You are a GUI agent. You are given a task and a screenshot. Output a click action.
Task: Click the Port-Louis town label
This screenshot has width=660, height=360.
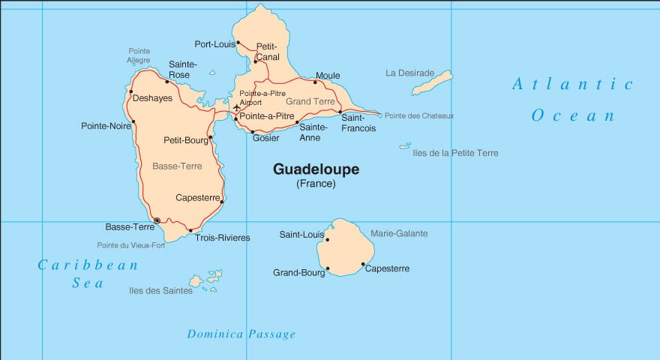pos(214,44)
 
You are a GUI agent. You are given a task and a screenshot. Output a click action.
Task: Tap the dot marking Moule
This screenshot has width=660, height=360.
pos(315,82)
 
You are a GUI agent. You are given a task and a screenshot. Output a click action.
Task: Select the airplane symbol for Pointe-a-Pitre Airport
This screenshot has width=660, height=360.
pos(237,108)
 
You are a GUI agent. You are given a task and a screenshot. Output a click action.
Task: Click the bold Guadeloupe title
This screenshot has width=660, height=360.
pos(316,169)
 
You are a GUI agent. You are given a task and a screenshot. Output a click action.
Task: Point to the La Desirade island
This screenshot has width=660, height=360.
pos(433,82)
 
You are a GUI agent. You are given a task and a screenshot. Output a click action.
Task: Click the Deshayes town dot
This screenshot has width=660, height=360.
pos(131,92)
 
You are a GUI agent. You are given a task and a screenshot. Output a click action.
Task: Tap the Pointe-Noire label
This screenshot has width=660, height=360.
pos(106,126)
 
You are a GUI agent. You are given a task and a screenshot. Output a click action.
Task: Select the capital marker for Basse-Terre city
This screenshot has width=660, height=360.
pos(157,220)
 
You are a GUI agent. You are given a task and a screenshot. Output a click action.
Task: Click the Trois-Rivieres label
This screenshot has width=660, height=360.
pos(222,238)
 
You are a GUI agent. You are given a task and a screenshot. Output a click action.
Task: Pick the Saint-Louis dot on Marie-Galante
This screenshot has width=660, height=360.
pos(328,240)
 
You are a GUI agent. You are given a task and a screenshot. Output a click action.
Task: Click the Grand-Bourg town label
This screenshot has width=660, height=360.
pos(298,273)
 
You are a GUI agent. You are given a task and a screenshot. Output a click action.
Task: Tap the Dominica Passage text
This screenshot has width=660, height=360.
pos(241,334)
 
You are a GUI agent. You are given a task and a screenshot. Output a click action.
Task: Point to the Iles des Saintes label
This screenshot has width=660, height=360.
pos(160,291)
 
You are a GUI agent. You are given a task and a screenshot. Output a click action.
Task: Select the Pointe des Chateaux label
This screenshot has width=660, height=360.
pos(419,115)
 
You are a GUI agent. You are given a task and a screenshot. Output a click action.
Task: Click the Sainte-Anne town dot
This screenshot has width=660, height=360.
pos(298,122)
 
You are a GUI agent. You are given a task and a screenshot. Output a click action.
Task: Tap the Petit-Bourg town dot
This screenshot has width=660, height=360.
pos(211,137)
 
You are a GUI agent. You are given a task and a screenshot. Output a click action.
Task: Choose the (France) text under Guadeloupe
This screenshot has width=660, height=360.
pos(316,184)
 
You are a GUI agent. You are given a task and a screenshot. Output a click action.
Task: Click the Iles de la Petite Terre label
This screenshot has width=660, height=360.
pos(455,153)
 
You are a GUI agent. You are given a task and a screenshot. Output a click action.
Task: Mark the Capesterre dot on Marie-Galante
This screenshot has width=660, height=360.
pos(363,264)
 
